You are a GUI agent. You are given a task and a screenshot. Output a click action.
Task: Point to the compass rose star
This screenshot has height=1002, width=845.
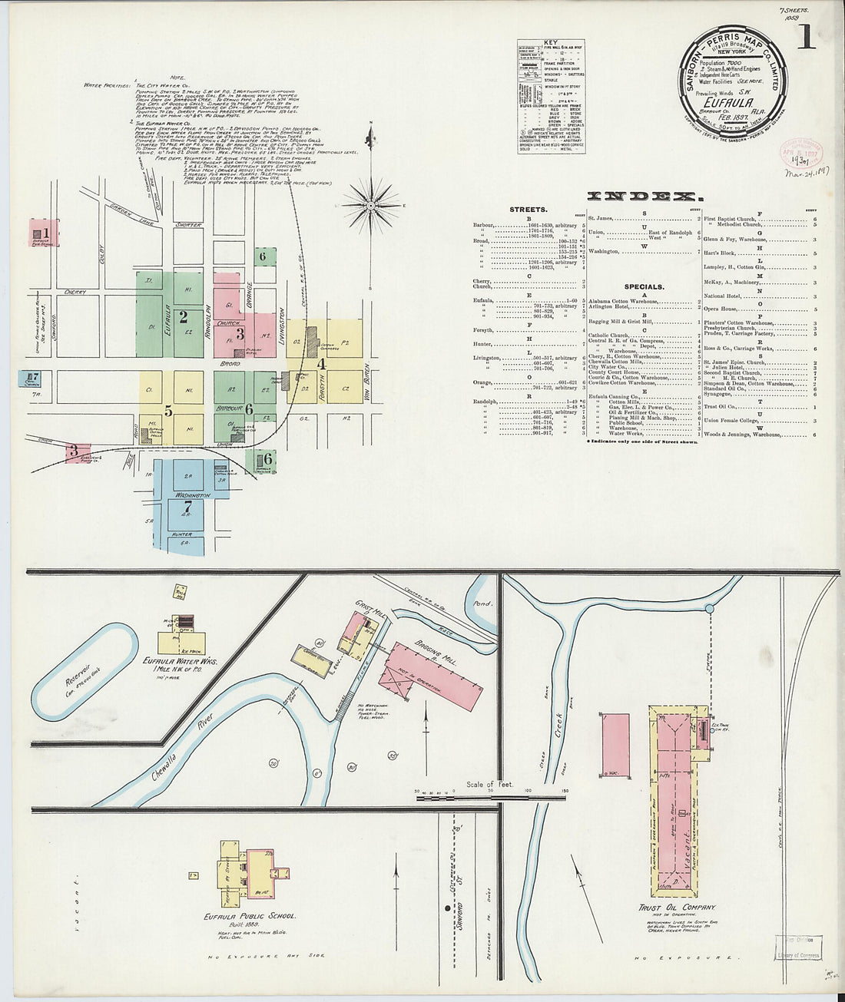click(x=370, y=205)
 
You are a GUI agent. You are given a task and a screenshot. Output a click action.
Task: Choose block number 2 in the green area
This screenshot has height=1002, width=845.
click(x=183, y=315)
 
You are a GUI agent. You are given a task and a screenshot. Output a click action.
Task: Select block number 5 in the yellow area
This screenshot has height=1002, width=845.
click(x=168, y=410)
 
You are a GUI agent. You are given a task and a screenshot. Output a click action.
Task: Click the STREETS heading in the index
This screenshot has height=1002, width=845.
click(x=529, y=209)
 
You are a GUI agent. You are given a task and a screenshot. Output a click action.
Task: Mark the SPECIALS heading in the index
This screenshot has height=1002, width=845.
click(x=644, y=287)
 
